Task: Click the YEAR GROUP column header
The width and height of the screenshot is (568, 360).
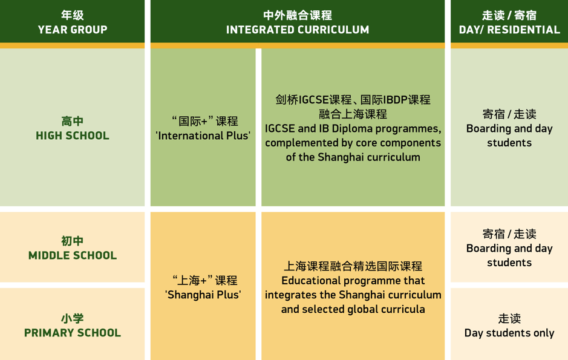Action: tap(73, 30)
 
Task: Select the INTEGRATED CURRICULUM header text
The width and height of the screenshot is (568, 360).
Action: tap(298, 30)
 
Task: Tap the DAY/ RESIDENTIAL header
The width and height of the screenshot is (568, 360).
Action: tap(509, 30)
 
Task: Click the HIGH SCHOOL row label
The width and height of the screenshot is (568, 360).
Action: tap(73, 136)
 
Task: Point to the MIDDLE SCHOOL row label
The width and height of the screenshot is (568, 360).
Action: tap(73, 255)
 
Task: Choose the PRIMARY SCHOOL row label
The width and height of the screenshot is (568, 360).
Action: tap(73, 333)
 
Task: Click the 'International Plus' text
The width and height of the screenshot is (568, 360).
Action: tap(203, 136)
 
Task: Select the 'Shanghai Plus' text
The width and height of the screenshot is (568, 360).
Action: tap(203, 295)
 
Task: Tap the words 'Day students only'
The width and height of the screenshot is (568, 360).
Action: tap(509, 333)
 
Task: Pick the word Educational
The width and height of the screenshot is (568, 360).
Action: tap(307, 281)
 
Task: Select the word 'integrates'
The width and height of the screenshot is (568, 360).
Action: tap(287, 295)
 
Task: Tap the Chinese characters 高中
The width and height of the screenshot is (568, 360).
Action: tap(73, 121)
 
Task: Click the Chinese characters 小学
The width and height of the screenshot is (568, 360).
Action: tap(73, 318)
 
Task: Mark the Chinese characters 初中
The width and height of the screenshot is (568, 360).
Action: tap(73, 241)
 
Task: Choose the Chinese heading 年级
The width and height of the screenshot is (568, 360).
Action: tap(73, 15)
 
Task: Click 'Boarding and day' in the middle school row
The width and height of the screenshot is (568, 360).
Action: tap(509, 249)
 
